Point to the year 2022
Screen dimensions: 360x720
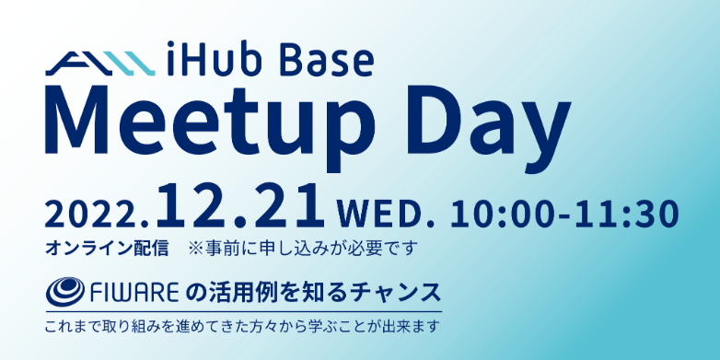pos(96,214)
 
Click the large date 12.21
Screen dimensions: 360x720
pos(241,207)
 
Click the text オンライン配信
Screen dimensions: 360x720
pos(107,248)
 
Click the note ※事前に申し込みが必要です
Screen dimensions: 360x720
pos(303,248)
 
